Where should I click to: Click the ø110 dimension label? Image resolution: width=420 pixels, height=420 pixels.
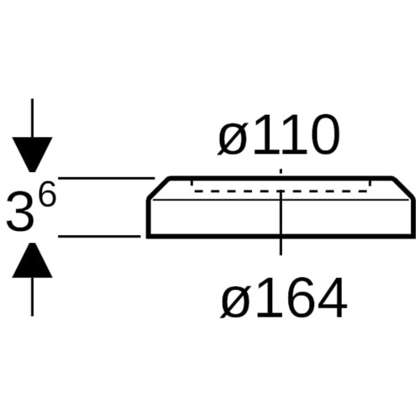279,134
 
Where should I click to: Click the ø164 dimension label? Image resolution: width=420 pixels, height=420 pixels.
284,297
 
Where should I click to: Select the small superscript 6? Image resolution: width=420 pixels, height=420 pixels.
46,193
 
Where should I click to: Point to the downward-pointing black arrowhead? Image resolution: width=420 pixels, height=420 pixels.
32,154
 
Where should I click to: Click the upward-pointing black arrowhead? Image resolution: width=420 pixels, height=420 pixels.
32,260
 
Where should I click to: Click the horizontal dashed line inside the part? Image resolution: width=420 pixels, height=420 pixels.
281,192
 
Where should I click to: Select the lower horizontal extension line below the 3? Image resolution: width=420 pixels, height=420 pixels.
99,236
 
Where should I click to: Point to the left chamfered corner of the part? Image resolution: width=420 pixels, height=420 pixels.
159,188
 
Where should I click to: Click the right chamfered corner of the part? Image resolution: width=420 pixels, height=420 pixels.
402,188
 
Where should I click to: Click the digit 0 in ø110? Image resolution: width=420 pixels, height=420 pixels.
325,134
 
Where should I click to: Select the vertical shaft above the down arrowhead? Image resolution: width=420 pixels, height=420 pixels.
32,118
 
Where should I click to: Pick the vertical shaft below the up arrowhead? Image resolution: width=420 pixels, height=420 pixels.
32,297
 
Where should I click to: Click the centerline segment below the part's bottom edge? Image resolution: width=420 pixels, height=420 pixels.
281,247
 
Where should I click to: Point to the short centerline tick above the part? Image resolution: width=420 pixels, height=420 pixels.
281,172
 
